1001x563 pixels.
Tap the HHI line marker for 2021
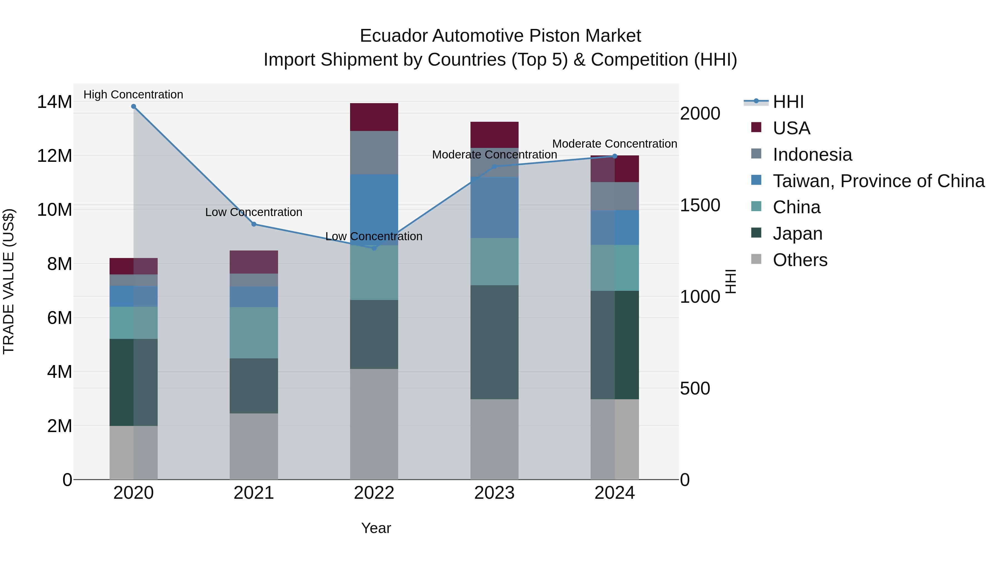click(x=254, y=224)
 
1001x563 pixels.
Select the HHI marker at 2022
click(x=374, y=248)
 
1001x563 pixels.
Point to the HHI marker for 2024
click(x=615, y=156)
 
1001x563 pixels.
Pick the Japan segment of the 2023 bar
click(x=494, y=342)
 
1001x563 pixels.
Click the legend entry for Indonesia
click(x=812, y=155)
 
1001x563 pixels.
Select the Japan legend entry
click(x=797, y=234)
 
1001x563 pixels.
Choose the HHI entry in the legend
click(x=788, y=102)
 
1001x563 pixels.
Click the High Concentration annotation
click(x=133, y=95)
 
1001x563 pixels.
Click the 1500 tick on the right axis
click(x=700, y=205)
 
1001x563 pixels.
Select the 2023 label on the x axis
click(x=494, y=493)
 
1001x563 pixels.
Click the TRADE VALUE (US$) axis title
click(x=9, y=281)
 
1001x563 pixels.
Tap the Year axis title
click(x=376, y=528)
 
